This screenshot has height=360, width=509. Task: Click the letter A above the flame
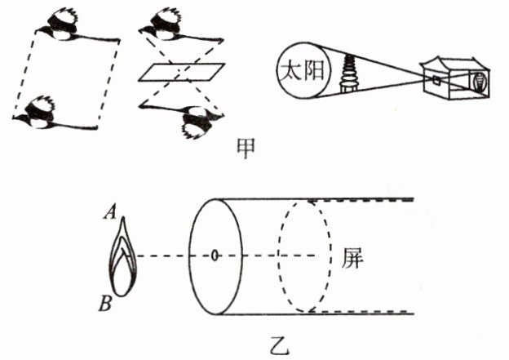(x=108, y=214)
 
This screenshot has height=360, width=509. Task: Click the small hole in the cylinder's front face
(x=215, y=256)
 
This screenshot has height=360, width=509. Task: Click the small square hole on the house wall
(x=437, y=80)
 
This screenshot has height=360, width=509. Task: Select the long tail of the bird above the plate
(x=204, y=38)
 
